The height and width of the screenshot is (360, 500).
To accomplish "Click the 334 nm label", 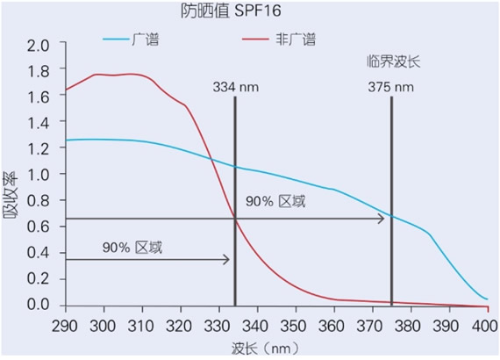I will (x=234, y=87).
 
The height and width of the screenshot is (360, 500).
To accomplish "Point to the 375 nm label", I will (x=391, y=87).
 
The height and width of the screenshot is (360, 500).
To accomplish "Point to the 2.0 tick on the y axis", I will (x=40, y=45).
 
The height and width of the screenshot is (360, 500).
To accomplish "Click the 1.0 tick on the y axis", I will (x=40, y=175).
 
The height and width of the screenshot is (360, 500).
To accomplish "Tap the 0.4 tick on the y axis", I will (x=40, y=253).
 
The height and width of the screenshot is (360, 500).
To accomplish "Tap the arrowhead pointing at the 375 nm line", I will (x=382, y=218).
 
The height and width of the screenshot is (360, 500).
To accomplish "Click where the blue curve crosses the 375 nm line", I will (x=391, y=216).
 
